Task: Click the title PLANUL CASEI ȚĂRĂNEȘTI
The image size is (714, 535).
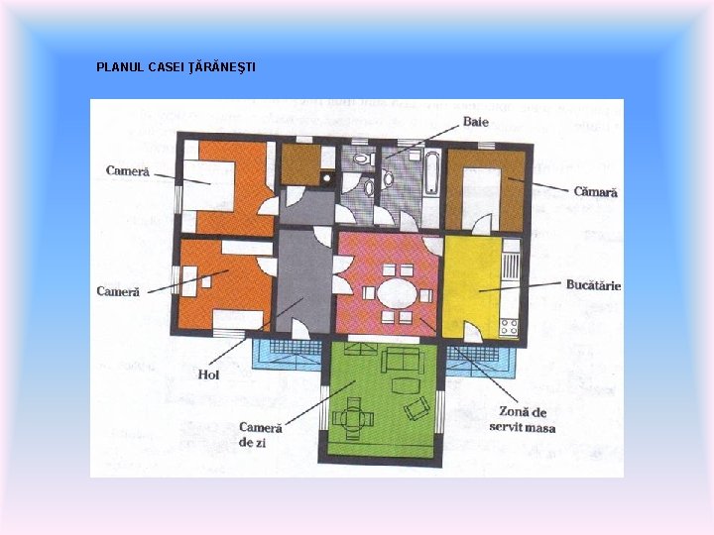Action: click(x=176, y=67)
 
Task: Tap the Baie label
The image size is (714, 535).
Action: click(x=476, y=122)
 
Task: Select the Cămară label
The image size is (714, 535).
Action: click(x=595, y=192)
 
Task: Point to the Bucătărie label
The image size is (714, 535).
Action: click(x=593, y=284)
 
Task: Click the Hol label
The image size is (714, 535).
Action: click(x=208, y=374)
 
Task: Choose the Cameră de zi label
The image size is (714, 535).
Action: click(x=261, y=435)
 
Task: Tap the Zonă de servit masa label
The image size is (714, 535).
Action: click(x=523, y=420)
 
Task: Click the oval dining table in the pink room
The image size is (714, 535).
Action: click(x=397, y=293)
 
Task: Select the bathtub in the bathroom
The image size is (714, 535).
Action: click(x=432, y=173)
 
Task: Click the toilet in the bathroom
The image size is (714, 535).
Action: click(x=364, y=159)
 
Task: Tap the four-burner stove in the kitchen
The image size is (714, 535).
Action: click(x=509, y=327)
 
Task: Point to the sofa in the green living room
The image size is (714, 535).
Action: click(x=403, y=360)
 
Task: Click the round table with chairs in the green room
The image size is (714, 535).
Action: click(x=353, y=418)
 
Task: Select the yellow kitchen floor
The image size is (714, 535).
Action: click(x=471, y=286)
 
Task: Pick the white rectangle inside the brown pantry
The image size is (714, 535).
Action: click(x=481, y=199)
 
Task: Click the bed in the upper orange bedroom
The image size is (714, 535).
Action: click(x=209, y=185)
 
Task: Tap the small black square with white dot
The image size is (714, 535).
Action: click(x=327, y=178)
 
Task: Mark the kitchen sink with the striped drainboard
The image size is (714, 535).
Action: click(x=511, y=265)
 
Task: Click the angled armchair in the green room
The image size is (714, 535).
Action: click(x=416, y=408)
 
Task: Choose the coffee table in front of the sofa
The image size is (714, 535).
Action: click(x=404, y=386)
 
